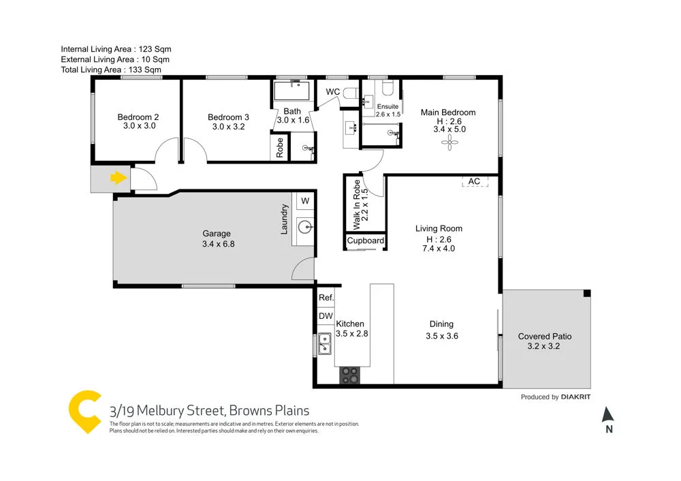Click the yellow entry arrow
point(118,179)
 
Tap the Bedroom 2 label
point(138,117)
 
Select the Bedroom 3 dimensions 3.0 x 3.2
point(228,126)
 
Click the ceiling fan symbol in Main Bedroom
point(449,142)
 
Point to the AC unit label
point(475,181)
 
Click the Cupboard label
point(366,240)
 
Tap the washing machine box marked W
point(304,200)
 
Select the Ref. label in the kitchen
point(326,297)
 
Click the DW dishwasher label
point(326,316)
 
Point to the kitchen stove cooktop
point(350,374)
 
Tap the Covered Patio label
point(545,336)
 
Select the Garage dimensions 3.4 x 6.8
point(219,243)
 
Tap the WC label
point(333,91)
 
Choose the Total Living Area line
point(111,69)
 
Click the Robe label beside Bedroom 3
point(280,147)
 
